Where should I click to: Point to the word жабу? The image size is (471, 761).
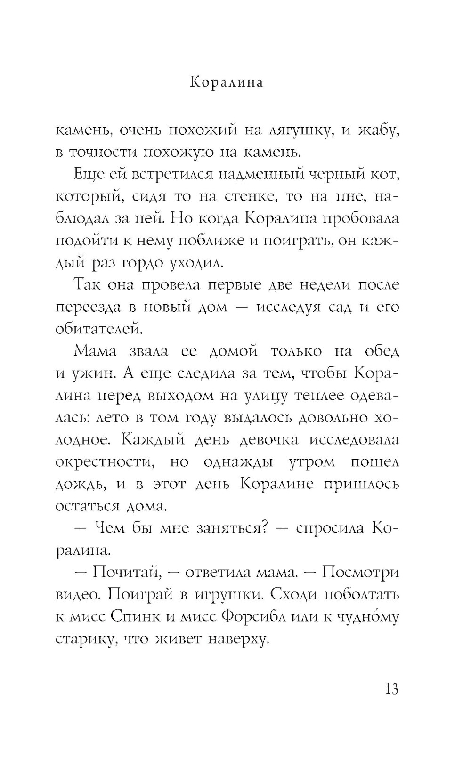click(x=378, y=131)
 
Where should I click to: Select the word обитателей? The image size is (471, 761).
click(x=98, y=329)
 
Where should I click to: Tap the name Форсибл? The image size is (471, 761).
click(x=253, y=616)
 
